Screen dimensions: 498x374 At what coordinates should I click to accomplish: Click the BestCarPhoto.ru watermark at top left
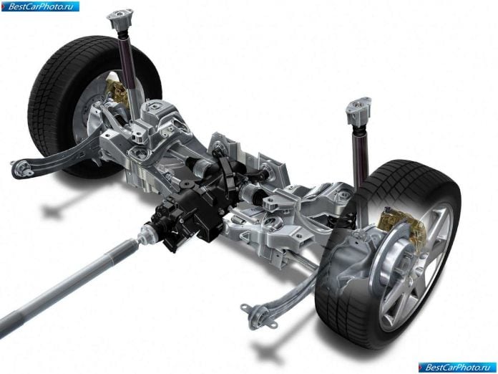tap(40, 6)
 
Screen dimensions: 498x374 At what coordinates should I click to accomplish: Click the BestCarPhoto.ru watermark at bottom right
tap(457, 368)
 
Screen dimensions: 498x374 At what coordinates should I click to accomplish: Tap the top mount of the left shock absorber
tap(119, 20)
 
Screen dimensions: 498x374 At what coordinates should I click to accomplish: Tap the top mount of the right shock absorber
tap(359, 110)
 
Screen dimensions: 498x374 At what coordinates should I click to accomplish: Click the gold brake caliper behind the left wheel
tap(117, 90)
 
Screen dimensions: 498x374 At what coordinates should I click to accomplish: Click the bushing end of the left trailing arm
tap(21, 168)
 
